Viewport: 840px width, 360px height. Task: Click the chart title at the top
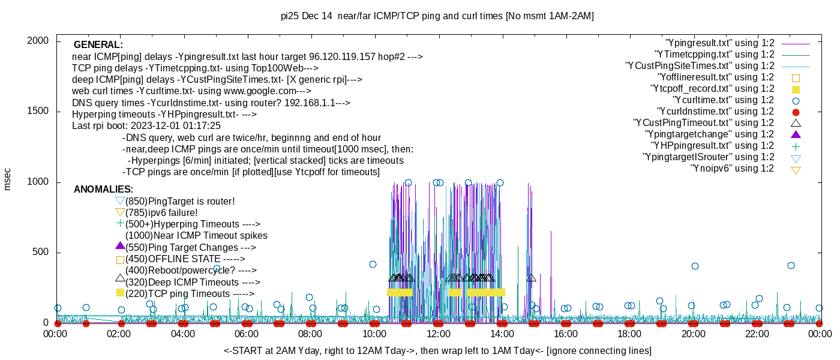tap(437, 16)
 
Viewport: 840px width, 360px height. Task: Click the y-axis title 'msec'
tap(8, 179)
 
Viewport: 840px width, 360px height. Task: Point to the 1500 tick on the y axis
tap(57, 112)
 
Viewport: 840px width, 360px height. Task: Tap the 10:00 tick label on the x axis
tap(374, 334)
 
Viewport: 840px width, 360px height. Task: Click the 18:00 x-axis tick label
tap(629, 334)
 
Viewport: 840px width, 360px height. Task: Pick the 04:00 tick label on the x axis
tap(183, 334)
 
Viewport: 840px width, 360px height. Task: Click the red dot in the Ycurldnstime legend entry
tap(796, 112)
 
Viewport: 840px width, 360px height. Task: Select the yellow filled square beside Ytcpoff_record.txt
tap(796, 89)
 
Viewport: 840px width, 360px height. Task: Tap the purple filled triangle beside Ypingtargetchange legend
tap(796, 134)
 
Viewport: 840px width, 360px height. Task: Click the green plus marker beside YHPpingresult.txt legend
tap(796, 145)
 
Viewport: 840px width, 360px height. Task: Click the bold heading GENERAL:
tap(98, 45)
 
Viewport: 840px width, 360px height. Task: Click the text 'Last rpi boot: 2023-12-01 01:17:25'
tap(146, 126)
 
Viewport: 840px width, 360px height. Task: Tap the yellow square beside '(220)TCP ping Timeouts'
tap(120, 293)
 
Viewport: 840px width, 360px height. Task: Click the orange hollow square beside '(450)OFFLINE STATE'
tap(120, 260)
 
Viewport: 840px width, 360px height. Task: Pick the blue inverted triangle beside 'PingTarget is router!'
tap(120, 201)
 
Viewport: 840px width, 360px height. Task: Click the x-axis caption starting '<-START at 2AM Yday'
tap(437, 350)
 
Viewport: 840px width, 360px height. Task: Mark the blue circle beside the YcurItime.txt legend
tap(796, 100)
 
